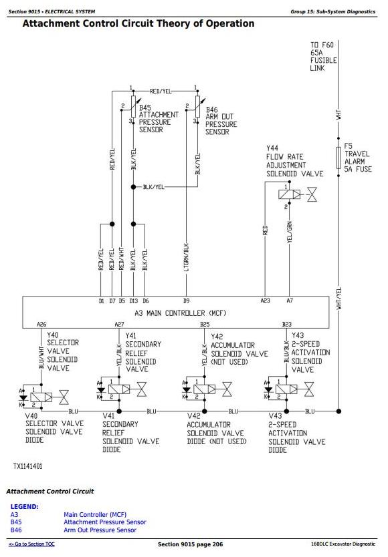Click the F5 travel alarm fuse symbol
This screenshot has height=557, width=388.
[x=338, y=158]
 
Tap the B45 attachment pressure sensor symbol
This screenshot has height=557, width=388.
[x=134, y=106]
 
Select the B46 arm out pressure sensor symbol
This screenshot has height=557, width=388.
[x=197, y=106]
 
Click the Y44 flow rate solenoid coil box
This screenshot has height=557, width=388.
[x=289, y=194]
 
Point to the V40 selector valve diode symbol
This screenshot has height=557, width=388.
[x=23, y=397]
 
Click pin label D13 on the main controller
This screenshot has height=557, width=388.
[x=134, y=301]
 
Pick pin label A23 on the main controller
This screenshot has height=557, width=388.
[x=265, y=301]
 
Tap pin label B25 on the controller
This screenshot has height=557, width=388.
[x=205, y=324]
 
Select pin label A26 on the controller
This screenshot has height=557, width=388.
[x=41, y=324]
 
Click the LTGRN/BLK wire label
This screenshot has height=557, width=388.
[x=186, y=257]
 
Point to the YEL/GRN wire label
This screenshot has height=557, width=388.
[x=290, y=232]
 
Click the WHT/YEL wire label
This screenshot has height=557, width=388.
[x=339, y=298]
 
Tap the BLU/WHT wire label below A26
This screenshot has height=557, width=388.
[x=41, y=357]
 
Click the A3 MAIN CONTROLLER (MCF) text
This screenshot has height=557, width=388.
[x=181, y=313]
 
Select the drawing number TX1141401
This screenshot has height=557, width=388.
[x=28, y=466]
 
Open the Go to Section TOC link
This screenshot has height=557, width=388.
[x=31, y=544]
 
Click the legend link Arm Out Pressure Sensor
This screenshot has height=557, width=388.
[x=100, y=530]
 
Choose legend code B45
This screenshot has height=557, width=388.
[x=16, y=522]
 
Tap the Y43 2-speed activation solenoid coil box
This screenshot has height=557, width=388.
[x=286, y=389]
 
